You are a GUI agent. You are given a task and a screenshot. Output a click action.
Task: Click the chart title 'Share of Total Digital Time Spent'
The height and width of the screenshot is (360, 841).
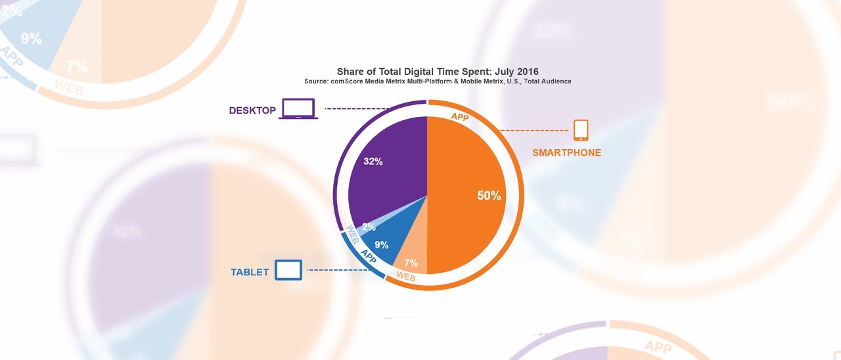(x=438, y=71)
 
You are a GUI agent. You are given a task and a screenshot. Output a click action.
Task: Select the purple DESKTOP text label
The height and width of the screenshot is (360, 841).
(x=252, y=110)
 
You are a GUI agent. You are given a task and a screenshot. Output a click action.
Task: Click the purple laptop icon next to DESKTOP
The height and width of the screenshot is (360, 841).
(x=298, y=109)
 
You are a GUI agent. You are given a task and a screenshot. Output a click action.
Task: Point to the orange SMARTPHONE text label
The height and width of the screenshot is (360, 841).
(x=566, y=153)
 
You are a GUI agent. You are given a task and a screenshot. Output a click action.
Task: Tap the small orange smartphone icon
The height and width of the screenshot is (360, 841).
(x=580, y=130)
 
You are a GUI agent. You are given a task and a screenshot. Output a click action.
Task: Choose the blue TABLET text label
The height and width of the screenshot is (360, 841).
(x=250, y=272)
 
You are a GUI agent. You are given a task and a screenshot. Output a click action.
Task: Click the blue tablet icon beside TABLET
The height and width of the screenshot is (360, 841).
(x=288, y=270)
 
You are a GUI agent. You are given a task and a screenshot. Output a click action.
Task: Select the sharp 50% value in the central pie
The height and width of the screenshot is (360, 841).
(x=489, y=196)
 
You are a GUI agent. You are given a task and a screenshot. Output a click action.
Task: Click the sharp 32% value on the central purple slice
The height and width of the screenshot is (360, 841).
(x=373, y=161)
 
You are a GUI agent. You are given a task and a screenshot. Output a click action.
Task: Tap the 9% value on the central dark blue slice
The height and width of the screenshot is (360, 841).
(x=381, y=245)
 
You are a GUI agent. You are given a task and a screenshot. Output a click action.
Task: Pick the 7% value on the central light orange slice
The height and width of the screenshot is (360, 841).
(x=411, y=263)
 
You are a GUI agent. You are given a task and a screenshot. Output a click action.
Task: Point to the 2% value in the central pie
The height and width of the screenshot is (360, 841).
(x=369, y=227)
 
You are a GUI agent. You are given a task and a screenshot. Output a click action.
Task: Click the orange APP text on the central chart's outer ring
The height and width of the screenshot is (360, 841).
(x=460, y=116)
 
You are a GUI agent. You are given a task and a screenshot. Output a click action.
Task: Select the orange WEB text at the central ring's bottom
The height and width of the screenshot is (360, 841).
(x=406, y=277)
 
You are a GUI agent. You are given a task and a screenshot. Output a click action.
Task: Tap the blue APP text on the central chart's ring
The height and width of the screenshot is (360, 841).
(x=368, y=256)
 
